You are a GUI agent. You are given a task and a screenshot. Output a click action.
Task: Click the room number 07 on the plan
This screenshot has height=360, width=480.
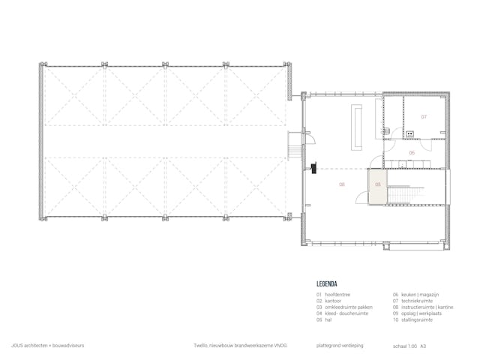(x=423, y=117)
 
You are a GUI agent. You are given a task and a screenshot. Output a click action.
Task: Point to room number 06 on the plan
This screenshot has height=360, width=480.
(x=412, y=152)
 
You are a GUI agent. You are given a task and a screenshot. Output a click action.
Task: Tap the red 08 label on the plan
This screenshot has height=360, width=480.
(x=342, y=184)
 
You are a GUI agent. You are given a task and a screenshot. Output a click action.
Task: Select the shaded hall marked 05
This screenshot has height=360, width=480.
(x=377, y=185)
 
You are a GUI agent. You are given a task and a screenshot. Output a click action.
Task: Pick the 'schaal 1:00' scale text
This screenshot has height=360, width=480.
(x=403, y=346)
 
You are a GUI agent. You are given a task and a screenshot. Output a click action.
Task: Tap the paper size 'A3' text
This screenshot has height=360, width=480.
(x=424, y=346)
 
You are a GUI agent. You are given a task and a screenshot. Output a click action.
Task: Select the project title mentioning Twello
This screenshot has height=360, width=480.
(x=240, y=346)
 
